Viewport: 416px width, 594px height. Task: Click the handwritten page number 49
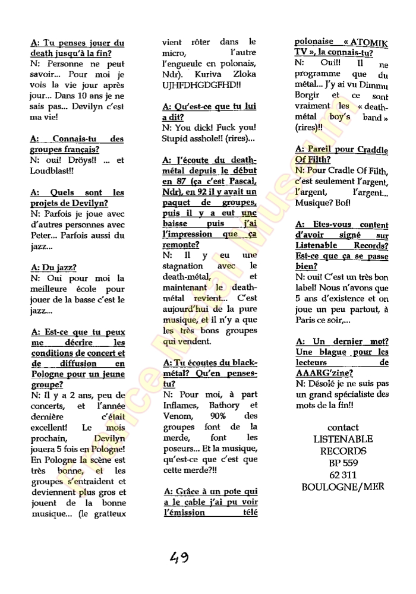coord(179,558)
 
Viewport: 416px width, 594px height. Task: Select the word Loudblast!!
coord(52,170)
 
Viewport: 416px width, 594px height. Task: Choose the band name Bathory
coord(224,405)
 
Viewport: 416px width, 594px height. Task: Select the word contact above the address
coord(343,428)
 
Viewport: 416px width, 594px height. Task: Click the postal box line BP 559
coord(343,463)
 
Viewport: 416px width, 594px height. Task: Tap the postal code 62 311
coord(343,475)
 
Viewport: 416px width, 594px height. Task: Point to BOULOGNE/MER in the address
coord(343,486)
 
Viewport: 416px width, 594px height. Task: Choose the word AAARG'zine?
coord(323,373)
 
